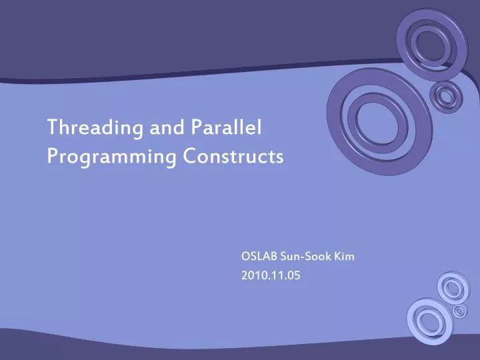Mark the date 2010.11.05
tap(271, 275)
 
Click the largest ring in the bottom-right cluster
tap(429, 321)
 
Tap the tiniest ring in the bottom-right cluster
tap(459, 311)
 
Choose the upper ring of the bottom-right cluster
tap(453, 287)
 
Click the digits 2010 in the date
tap(253, 275)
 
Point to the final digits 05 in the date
tap(293, 275)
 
